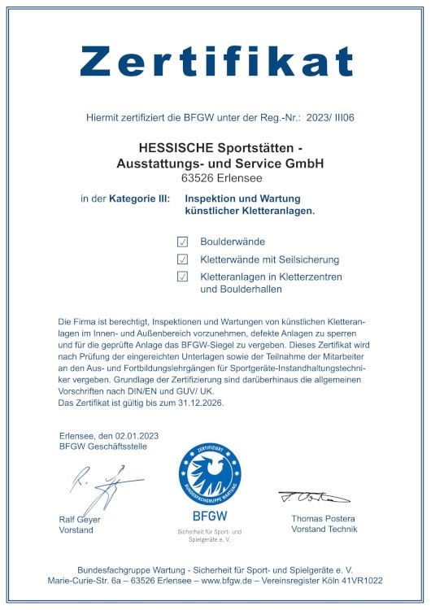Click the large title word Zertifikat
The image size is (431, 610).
pos(215,60)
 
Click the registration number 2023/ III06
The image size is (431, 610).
pos(329,118)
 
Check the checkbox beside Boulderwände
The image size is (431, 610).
pos(183,242)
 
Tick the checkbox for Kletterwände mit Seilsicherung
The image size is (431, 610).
pos(183,259)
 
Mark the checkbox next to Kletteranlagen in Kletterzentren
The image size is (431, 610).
pos(183,277)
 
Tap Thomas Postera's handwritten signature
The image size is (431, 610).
pos(314,496)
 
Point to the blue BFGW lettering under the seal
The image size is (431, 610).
pos(210,516)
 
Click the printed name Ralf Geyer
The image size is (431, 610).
pos(80,519)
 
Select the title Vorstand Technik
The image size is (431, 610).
pos(324,529)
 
